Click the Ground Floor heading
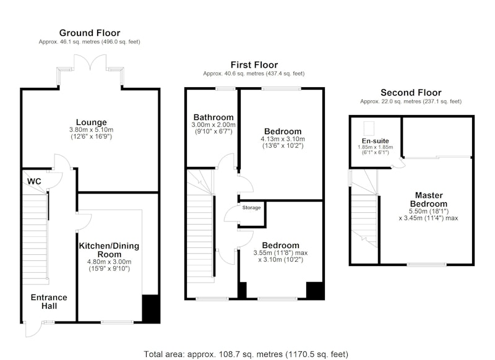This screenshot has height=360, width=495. pos(90,33)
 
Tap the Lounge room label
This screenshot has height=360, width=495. pos(91,122)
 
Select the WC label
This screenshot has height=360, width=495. pos(34,181)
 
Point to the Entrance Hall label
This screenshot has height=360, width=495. pos(49,302)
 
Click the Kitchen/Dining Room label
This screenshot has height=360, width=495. pos(109,250)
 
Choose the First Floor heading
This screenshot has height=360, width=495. pos(254,65)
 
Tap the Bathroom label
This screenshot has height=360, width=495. pos(213,118)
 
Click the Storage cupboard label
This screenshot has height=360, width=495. pos(252,208)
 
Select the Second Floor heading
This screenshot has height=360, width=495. pos(411,92)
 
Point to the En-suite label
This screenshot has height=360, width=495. pos(376,141)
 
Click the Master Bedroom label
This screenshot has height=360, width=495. pos(429,199)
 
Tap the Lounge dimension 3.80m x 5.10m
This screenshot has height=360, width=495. pos(91,130)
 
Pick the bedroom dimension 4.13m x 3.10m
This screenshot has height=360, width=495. pos(283,139)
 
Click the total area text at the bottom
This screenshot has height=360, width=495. pos(246,354)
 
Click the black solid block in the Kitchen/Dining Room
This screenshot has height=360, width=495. pos(150,309)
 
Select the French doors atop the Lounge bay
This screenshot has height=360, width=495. pos(90,62)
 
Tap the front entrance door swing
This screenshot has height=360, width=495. pos(33,330)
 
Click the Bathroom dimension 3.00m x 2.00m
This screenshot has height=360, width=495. pos(213,124)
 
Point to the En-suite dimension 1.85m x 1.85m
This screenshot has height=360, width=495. pos(376,147)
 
